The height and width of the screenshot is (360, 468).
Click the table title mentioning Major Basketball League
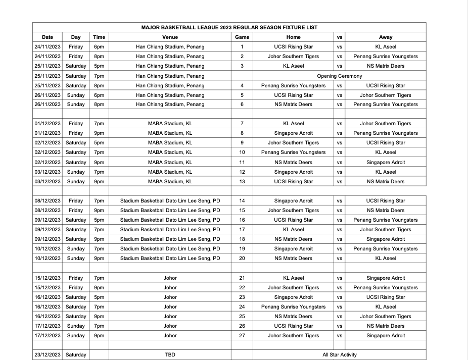229,27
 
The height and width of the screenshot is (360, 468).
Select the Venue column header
170,37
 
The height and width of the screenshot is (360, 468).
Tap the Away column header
385,37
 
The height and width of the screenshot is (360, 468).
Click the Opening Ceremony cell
339,76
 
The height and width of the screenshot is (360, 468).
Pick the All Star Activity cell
339,354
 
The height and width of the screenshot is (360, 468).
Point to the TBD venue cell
170,354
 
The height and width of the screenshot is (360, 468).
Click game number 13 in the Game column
242,181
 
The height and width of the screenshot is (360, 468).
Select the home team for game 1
293,46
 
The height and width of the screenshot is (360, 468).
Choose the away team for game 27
385,335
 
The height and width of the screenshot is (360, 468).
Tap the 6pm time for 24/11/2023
99,46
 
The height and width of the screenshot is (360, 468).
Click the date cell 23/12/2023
48,354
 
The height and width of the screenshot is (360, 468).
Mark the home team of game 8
293,133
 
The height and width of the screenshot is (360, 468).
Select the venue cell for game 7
170,123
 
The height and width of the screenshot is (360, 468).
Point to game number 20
242,258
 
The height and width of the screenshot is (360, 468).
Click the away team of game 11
385,162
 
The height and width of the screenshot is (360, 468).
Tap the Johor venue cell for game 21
170,278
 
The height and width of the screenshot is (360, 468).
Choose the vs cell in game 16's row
339,220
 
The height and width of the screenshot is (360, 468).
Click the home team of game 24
293,306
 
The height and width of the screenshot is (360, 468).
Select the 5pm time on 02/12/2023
99,142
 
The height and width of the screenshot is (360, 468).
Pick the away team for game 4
385,85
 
